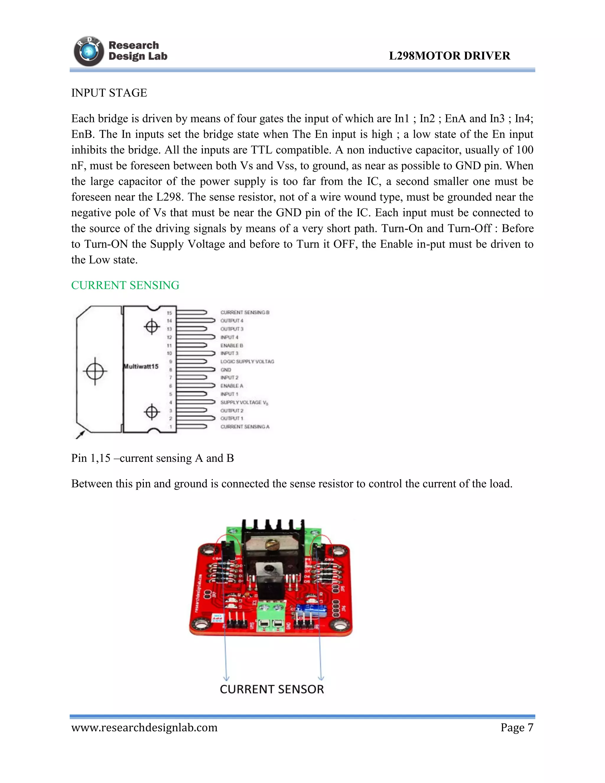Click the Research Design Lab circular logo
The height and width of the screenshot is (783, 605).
[x=89, y=52]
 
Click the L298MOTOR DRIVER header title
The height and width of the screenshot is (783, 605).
[x=449, y=56]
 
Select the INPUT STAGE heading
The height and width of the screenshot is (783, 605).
[x=109, y=93]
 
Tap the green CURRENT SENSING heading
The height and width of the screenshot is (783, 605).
[x=125, y=285]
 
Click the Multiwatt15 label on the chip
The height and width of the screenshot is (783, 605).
[x=141, y=366]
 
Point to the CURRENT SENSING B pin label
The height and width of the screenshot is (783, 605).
[x=245, y=313]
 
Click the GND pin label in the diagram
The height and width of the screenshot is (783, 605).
[x=226, y=370]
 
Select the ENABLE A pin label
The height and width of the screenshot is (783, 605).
[x=232, y=386]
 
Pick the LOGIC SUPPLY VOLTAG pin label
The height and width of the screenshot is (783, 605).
[x=247, y=361]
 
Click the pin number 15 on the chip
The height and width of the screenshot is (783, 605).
[x=169, y=313]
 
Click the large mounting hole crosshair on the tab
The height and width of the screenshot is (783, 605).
[x=95, y=371]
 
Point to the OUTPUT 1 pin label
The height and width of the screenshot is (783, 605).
[x=232, y=418]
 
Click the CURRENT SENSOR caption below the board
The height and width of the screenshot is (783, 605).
[x=272, y=689]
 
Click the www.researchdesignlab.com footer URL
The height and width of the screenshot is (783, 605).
[x=144, y=728]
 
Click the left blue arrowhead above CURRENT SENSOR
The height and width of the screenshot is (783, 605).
[x=226, y=678]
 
